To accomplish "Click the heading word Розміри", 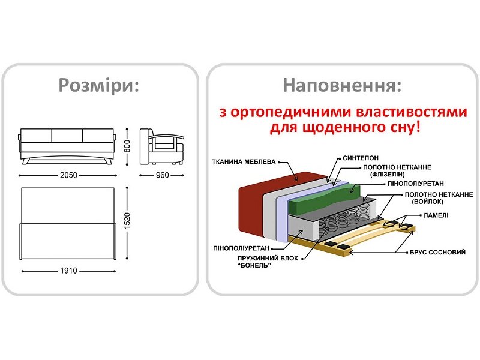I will click(x=99, y=85).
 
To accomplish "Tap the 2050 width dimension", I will click(x=68, y=175).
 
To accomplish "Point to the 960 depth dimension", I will click(x=162, y=175).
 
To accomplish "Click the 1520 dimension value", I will click(x=127, y=223).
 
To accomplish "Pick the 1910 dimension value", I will click(x=68, y=271).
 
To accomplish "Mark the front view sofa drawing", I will click(x=68, y=144).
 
